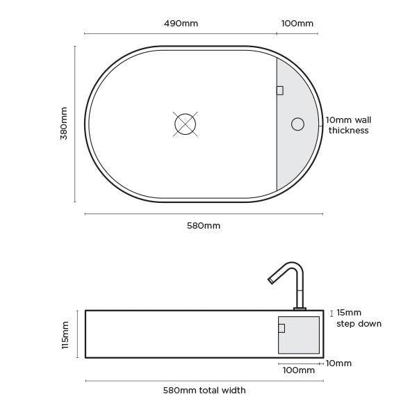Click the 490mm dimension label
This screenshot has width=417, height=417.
point(181,24)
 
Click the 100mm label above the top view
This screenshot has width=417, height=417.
point(297,24)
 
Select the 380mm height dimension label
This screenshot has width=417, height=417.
point(64,124)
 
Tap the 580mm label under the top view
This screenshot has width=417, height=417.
point(204,226)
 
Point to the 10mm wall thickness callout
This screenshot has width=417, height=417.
point(348,125)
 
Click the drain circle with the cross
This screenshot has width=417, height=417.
point(185,124)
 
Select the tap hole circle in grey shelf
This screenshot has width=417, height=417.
point(297,124)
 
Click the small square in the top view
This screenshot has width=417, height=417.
point(279,90)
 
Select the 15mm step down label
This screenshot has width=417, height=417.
point(359,318)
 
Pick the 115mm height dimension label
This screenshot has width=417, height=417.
point(65,334)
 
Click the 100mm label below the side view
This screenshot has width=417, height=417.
point(298,370)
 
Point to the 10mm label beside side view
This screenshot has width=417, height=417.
point(338,363)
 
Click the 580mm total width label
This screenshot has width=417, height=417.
point(204,391)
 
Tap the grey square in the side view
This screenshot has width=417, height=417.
point(303,341)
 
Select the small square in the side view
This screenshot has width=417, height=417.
point(281,328)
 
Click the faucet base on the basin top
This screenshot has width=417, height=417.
point(300,309)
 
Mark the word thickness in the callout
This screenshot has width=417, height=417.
point(348,131)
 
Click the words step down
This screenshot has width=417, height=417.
point(359,324)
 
